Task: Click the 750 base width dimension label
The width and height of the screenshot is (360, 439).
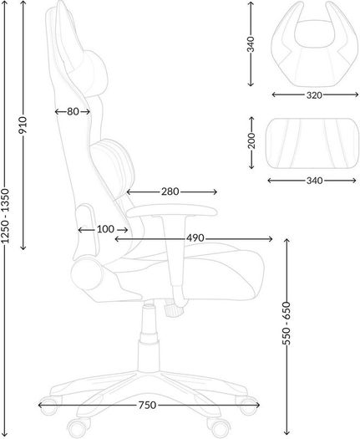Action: [x=147, y=405]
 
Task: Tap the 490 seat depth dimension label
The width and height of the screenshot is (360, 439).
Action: [x=195, y=238]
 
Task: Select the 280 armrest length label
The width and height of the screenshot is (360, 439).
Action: [x=170, y=191]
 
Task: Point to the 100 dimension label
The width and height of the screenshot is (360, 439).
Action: [x=105, y=229]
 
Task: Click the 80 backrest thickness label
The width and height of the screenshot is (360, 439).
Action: [x=73, y=112]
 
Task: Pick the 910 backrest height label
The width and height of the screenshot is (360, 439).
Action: [x=23, y=125]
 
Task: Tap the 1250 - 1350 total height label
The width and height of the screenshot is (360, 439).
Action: [x=5, y=216]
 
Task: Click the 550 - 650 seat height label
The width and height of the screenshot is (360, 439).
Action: [x=286, y=324]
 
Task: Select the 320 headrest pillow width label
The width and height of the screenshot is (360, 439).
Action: [x=314, y=95]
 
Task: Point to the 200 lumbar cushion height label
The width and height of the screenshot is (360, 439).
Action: [x=251, y=140]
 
